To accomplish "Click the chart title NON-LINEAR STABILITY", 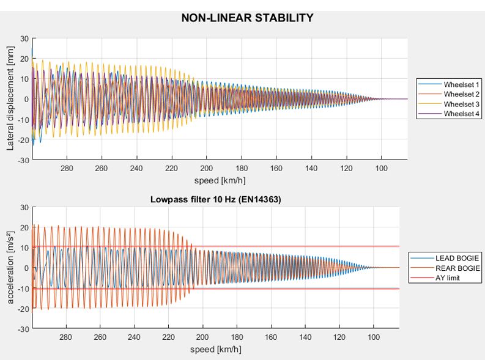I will [247, 18].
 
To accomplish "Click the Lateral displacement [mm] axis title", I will [10, 99].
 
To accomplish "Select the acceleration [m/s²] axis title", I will [10, 268].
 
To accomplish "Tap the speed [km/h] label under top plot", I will [220, 180].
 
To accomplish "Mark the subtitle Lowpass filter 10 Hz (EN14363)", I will [215, 199].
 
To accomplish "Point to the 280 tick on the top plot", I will [67, 168].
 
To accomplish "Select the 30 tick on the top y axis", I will [24, 38].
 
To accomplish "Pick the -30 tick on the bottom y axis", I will [23, 329].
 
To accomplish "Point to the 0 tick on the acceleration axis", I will [26, 268].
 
